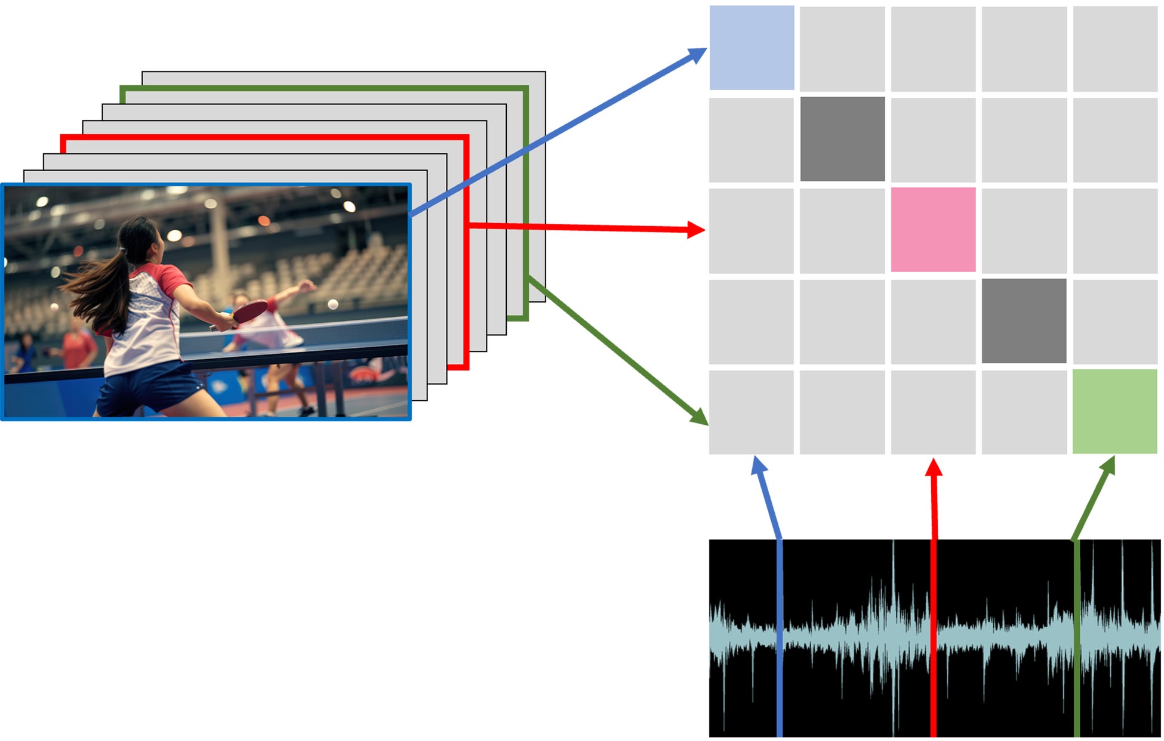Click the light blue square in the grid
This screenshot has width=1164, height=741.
click(x=752, y=48)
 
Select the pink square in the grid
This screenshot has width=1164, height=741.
click(x=933, y=230)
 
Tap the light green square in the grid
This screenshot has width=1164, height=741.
click(x=1114, y=412)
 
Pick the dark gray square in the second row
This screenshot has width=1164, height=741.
click(x=842, y=139)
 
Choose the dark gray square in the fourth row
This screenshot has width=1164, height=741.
click(x=1024, y=321)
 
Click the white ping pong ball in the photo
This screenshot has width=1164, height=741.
click(x=333, y=305)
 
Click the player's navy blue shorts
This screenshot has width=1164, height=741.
click(x=149, y=388)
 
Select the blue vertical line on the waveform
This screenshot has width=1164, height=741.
click(x=780, y=638)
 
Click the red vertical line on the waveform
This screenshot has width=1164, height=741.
click(x=934, y=638)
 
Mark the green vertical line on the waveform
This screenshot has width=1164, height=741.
click(x=1076, y=638)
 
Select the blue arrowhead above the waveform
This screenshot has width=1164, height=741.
click(x=758, y=465)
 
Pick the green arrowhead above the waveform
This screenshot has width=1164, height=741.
click(x=1109, y=465)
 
